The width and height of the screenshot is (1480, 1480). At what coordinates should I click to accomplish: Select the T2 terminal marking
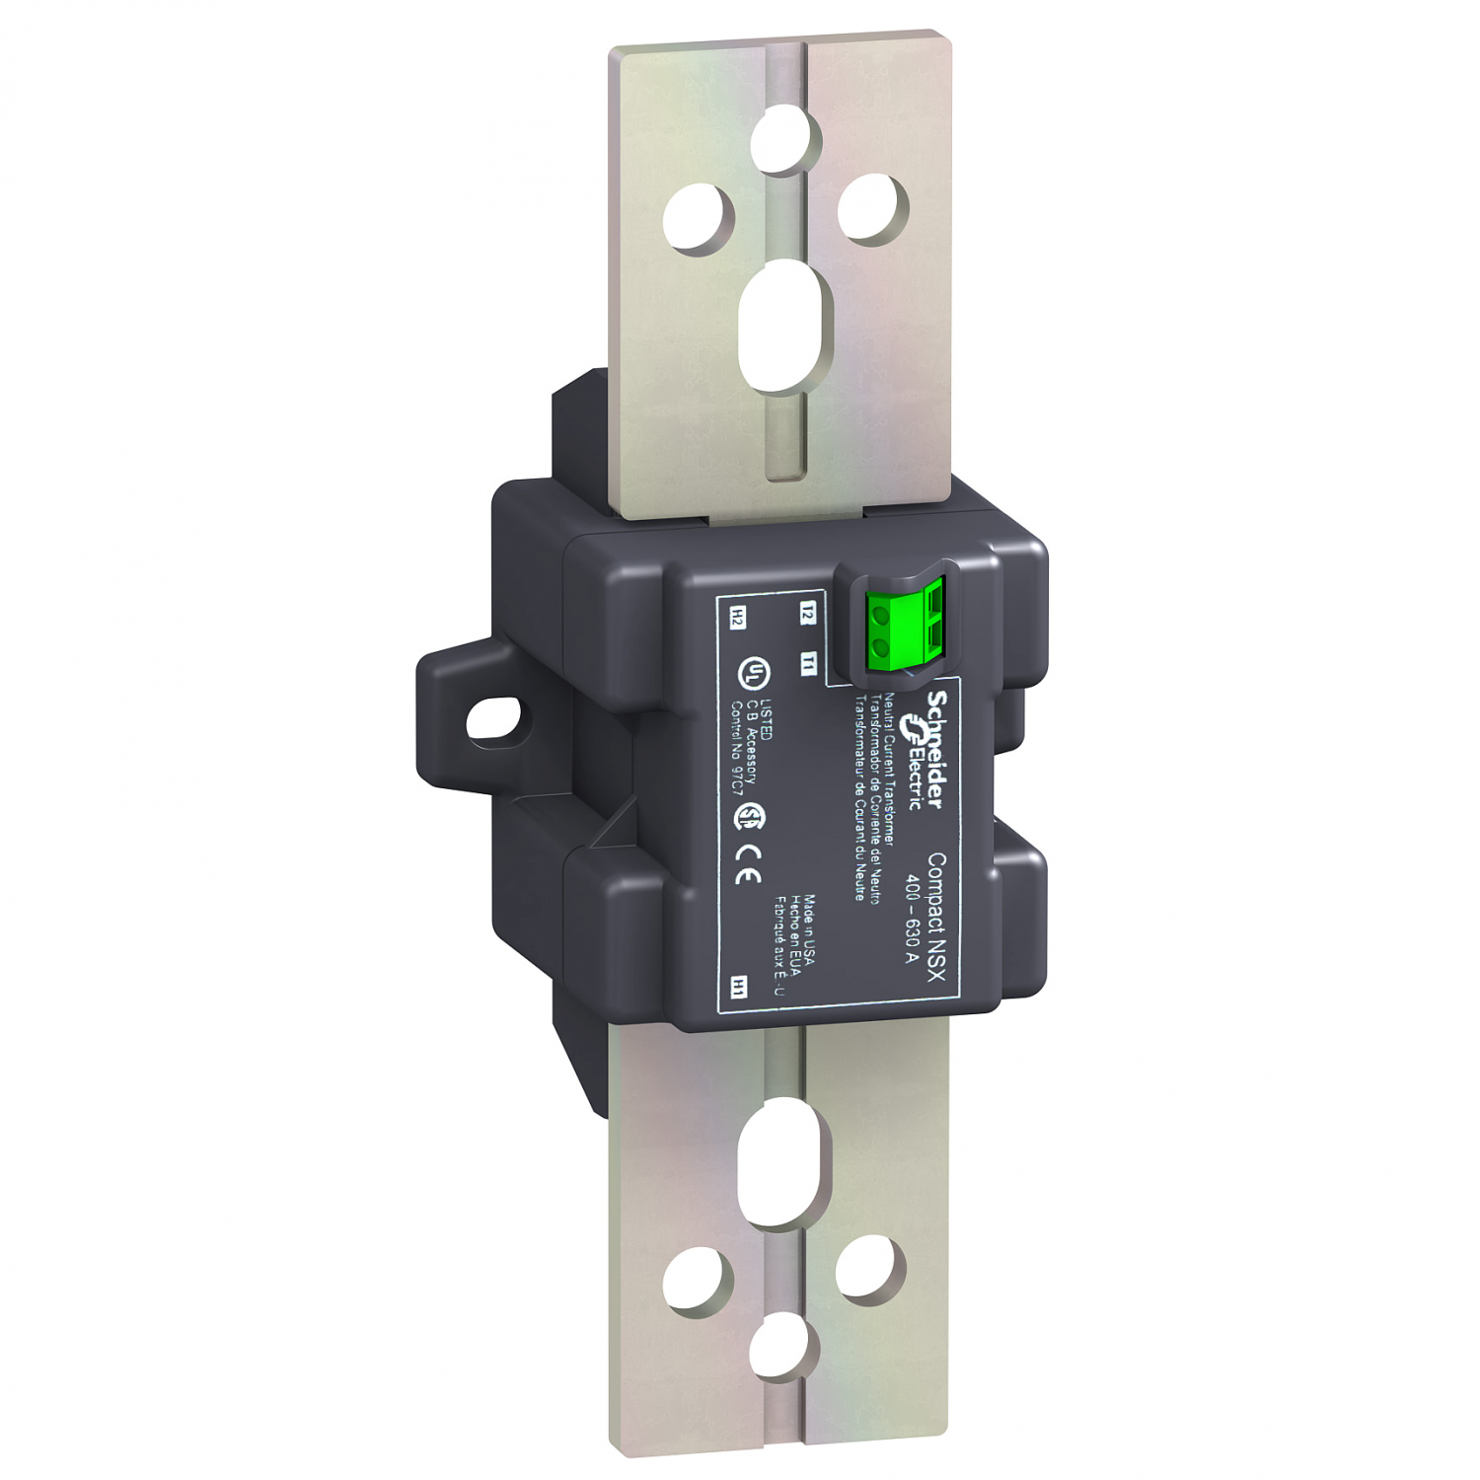[808, 611]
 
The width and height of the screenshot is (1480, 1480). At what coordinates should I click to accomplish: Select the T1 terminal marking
[808, 662]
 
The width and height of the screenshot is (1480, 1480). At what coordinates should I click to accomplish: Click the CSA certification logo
[752, 815]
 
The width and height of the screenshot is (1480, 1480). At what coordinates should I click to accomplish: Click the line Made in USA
[808, 933]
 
